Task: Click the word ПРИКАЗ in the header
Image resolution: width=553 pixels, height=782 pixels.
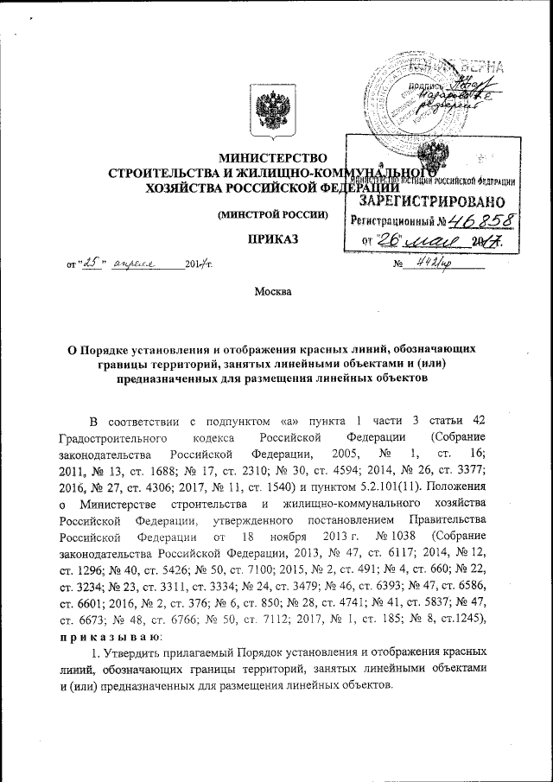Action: [274, 238]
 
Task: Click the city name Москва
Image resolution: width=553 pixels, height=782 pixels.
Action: [272, 293]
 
